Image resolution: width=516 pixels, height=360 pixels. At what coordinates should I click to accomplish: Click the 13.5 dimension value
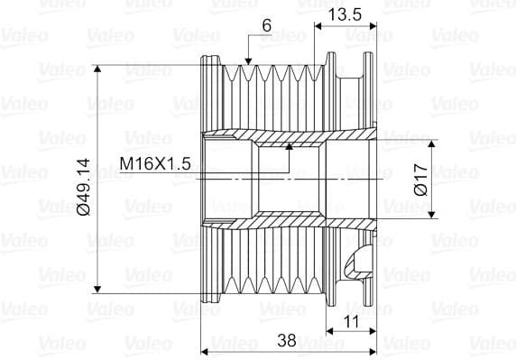click(346, 14)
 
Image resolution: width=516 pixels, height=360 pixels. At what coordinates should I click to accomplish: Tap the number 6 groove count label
click(267, 25)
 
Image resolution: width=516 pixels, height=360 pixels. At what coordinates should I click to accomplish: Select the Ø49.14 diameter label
click(83, 187)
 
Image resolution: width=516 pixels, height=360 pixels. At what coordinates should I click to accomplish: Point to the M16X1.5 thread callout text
click(155, 163)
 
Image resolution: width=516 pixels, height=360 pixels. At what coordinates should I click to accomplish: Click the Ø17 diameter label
click(421, 180)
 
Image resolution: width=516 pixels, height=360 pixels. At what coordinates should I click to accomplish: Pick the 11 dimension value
click(351, 321)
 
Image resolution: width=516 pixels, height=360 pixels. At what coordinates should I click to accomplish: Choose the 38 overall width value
click(287, 340)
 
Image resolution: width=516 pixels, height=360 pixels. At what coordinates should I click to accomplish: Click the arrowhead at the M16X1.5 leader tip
click(289, 147)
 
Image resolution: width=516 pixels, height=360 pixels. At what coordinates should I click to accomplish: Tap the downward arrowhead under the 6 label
click(248, 61)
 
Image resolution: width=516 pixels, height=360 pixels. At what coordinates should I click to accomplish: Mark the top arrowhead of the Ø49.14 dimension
click(97, 69)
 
